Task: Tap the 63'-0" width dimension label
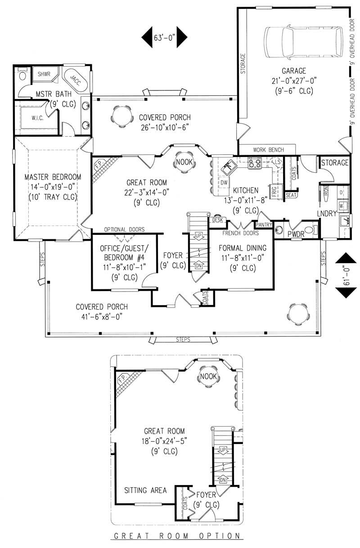164,37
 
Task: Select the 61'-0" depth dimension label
346,274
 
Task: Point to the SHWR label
44,74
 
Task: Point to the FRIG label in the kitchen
273,190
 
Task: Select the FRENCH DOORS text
240,234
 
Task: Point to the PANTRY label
264,224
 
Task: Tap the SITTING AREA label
145,490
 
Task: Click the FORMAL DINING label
243,247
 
